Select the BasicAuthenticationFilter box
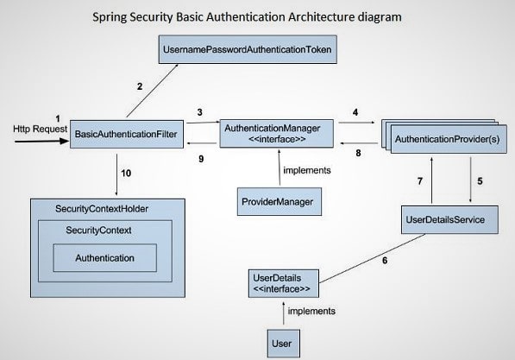127,134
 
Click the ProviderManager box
275,202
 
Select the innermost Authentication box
106,258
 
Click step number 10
127,173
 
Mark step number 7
420,182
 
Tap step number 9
200,158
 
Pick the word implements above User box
311,310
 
